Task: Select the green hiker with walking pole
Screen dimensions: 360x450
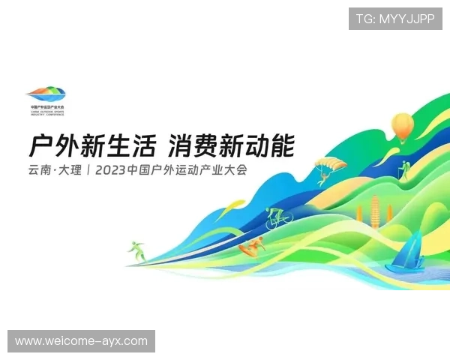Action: tap(403, 169)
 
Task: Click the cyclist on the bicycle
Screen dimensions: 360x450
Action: tap(277, 216)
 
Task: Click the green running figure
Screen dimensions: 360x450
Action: tap(136, 250)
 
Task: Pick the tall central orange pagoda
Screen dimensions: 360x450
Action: tap(375, 209)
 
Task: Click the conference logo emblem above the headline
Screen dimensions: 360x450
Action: tap(46, 94)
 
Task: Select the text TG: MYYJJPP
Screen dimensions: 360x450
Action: tap(395, 18)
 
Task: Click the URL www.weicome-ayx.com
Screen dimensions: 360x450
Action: tap(81, 341)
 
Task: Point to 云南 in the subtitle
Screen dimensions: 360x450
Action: tap(39, 169)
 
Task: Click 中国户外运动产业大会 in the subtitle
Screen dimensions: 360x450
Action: tap(187, 169)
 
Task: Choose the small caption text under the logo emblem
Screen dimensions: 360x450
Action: tap(46, 110)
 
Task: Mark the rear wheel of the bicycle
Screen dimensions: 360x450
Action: tap(270, 221)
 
